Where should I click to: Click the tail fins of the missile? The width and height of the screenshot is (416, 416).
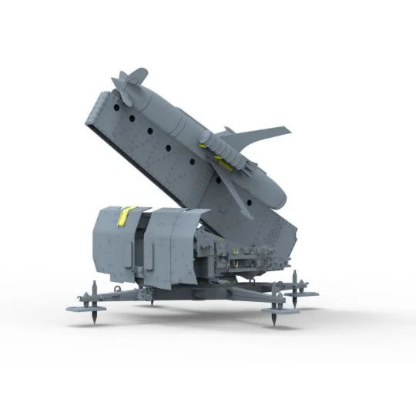(129, 81)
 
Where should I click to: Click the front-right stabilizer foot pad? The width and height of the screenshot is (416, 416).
(275, 310)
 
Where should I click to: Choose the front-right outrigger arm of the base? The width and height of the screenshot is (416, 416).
(247, 296)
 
